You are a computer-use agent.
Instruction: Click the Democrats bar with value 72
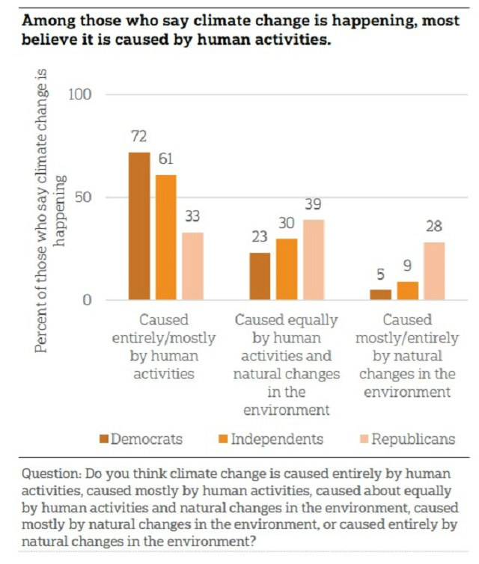pos(139,226)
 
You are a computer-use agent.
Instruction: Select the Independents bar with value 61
pos(165,237)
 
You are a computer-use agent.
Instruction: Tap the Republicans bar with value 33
pos(192,266)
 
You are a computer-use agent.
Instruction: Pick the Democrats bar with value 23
pos(259,276)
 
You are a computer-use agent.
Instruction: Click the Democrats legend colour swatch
pos(104,438)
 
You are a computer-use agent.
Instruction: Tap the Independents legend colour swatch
pos(224,438)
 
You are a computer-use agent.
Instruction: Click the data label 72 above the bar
pos(139,137)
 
